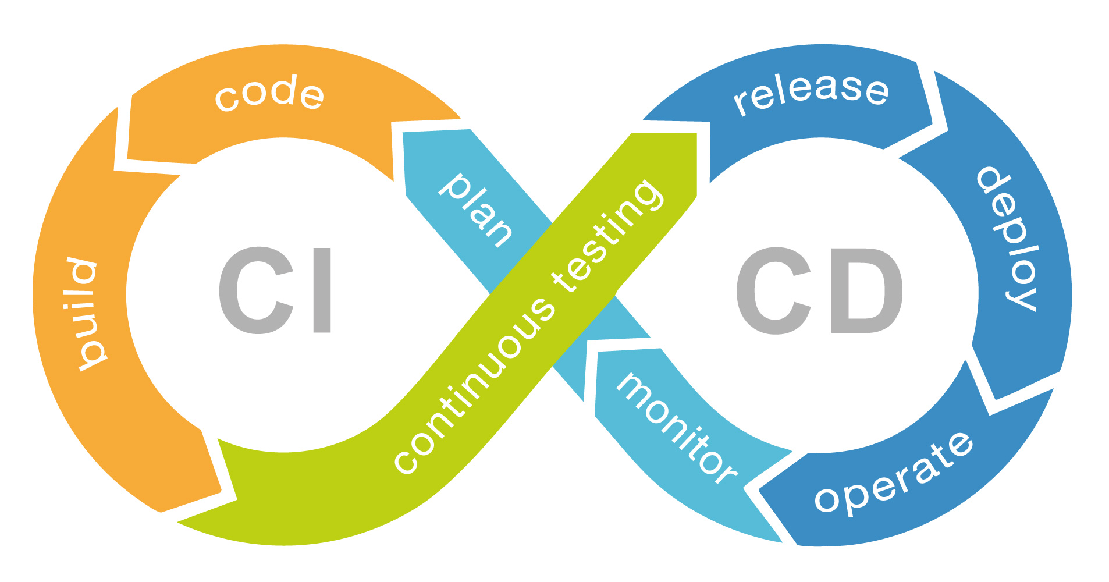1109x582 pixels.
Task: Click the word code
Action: click(x=269, y=94)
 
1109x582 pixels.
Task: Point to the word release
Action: click(x=811, y=93)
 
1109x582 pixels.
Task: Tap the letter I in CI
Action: click(x=322, y=290)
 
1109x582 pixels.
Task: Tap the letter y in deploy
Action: click(x=1022, y=294)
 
